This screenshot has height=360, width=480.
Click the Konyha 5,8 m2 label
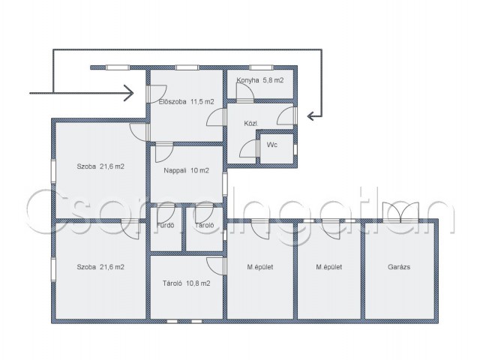pyautogui.click(x=260, y=80)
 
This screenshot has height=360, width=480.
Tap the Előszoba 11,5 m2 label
pyautogui.click(x=186, y=102)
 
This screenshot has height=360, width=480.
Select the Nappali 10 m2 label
pyautogui.click(x=186, y=170)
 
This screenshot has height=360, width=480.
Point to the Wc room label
pyautogui.click(x=271, y=145)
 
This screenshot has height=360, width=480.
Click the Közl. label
pyautogui.click(x=250, y=124)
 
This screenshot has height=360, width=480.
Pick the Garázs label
pyautogui.click(x=399, y=267)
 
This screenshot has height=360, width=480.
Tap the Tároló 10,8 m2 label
pyautogui.click(x=186, y=283)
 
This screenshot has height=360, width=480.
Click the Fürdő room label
pyautogui.click(x=165, y=225)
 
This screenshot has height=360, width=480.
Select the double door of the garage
pyautogui.click(x=400, y=211)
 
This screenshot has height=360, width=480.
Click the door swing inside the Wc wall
pyautogui.click(x=248, y=148)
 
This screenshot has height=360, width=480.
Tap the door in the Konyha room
pyautogui.click(x=245, y=91)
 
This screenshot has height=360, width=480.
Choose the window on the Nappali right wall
pyautogui.click(x=225, y=184)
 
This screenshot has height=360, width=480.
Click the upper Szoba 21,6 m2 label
pyautogui.click(x=100, y=166)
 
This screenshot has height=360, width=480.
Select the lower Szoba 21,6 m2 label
pyautogui.click(x=100, y=267)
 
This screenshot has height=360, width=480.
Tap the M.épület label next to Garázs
pyautogui.click(x=328, y=267)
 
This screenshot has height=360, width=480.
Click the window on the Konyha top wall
pyautogui.click(x=261, y=67)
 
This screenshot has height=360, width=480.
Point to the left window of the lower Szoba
pyautogui.click(x=53, y=269)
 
